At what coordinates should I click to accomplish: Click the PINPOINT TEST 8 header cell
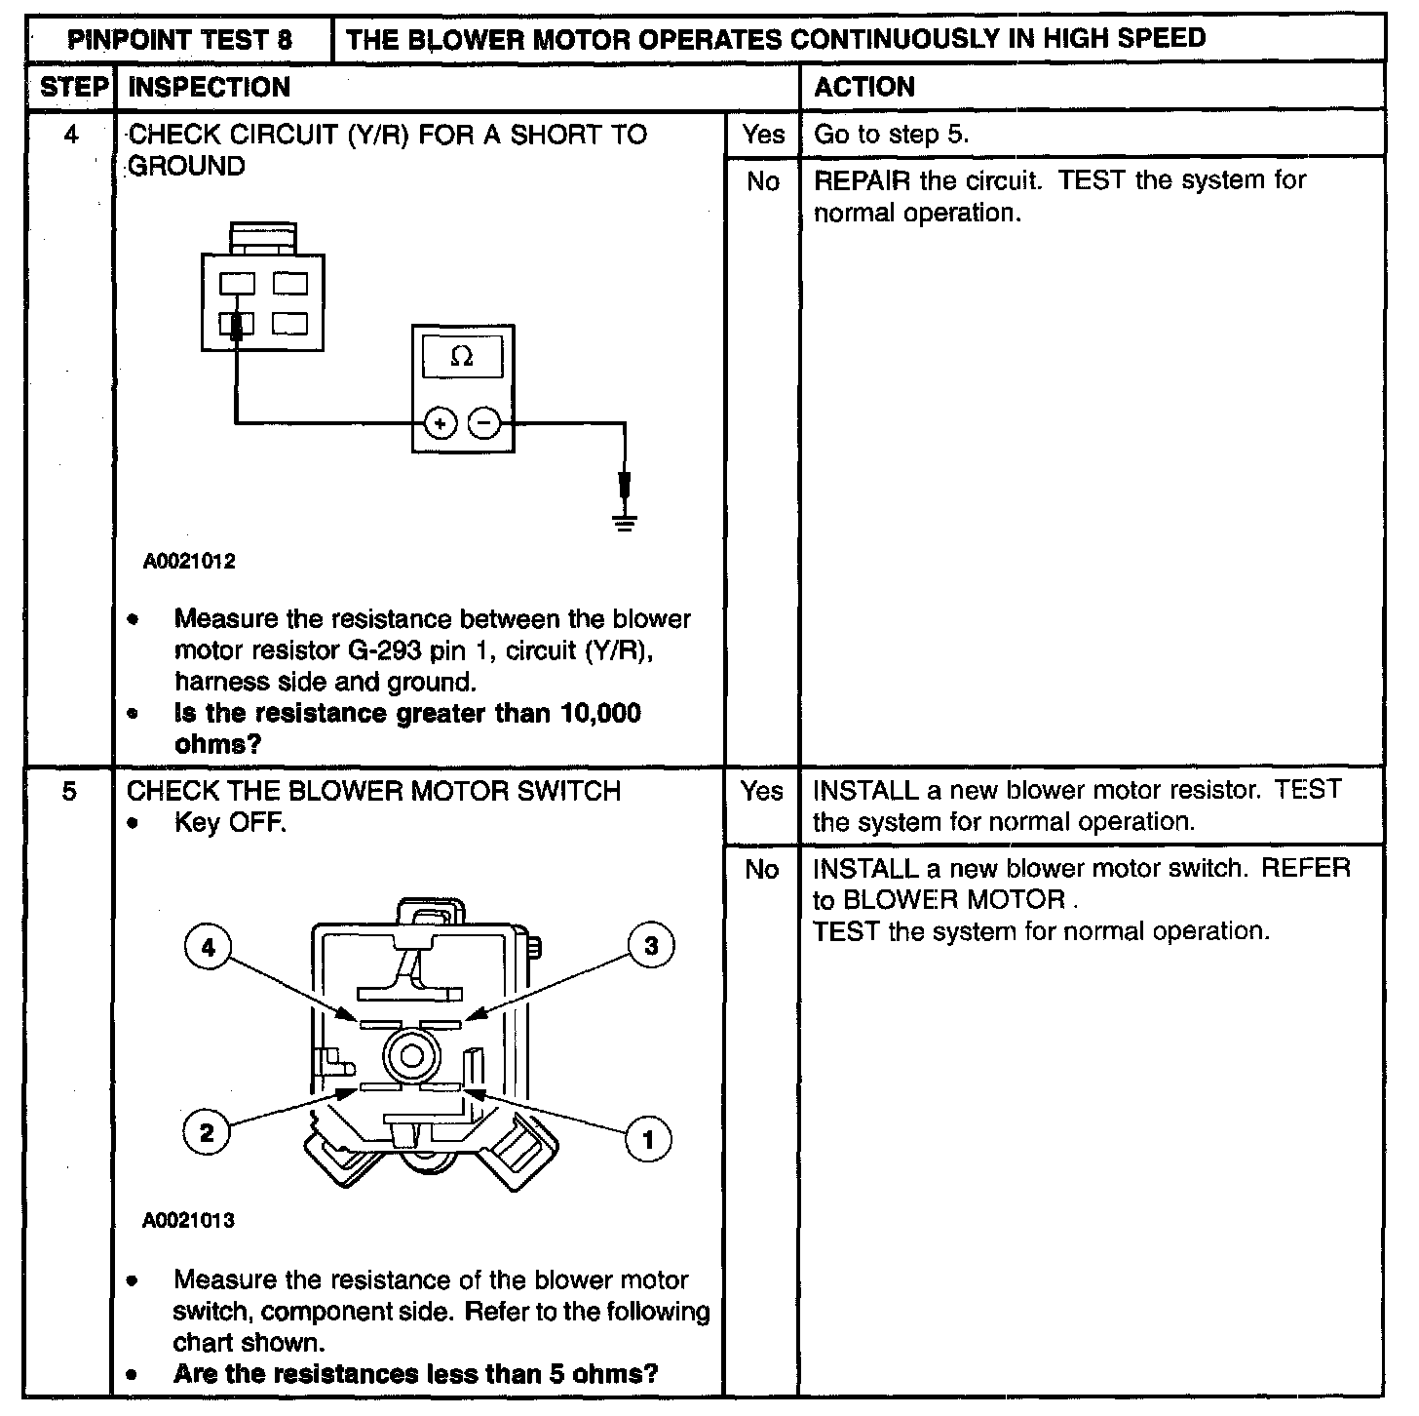(178, 40)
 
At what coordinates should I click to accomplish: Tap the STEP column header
(73, 88)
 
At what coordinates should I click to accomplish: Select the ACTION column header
(864, 88)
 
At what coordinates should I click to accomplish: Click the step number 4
(71, 135)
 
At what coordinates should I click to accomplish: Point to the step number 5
(69, 791)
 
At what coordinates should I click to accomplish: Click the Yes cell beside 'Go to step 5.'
(762, 135)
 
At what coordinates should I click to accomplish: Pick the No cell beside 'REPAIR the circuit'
(762, 182)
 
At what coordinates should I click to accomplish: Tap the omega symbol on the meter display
(462, 358)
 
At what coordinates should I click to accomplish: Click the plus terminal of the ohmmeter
(441, 423)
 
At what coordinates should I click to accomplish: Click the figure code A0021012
(189, 563)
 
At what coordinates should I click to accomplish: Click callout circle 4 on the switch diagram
(207, 947)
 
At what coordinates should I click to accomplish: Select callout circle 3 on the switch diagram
(650, 946)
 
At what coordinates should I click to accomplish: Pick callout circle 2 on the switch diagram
(206, 1133)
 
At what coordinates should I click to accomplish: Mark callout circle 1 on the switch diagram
(648, 1137)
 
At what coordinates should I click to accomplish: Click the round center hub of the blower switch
(409, 1056)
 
